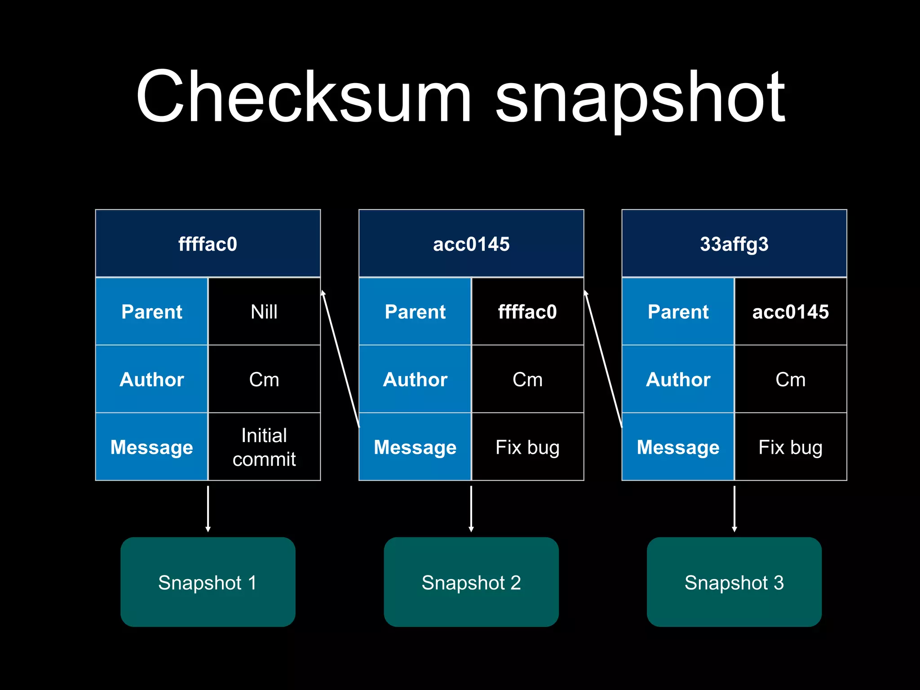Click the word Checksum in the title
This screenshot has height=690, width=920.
(x=304, y=97)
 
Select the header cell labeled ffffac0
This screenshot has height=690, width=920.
(x=208, y=243)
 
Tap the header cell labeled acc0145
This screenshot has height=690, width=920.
(x=471, y=243)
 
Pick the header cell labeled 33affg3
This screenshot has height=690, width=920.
(x=734, y=243)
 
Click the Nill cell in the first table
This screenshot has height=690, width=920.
(x=264, y=312)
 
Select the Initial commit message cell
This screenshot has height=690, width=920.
(x=264, y=447)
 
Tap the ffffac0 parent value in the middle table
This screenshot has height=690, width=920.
(x=527, y=312)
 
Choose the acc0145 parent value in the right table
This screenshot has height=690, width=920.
(x=790, y=312)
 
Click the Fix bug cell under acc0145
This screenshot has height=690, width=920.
(x=527, y=447)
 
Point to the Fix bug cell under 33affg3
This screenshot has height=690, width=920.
(x=790, y=447)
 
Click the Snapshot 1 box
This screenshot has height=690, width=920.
(x=208, y=582)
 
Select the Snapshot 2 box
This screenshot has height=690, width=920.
(x=471, y=582)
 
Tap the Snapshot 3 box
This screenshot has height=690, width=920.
(x=734, y=582)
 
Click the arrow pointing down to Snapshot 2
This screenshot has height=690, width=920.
(x=471, y=509)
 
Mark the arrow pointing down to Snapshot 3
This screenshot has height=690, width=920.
(x=734, y=509)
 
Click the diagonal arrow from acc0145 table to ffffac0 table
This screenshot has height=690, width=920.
(x=341, y=358)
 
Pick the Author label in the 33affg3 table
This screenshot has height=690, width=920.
(x=678, y=380)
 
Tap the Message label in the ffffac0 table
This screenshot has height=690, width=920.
(x=152, y=447)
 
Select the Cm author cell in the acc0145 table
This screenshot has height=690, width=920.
(x=527, y=380)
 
